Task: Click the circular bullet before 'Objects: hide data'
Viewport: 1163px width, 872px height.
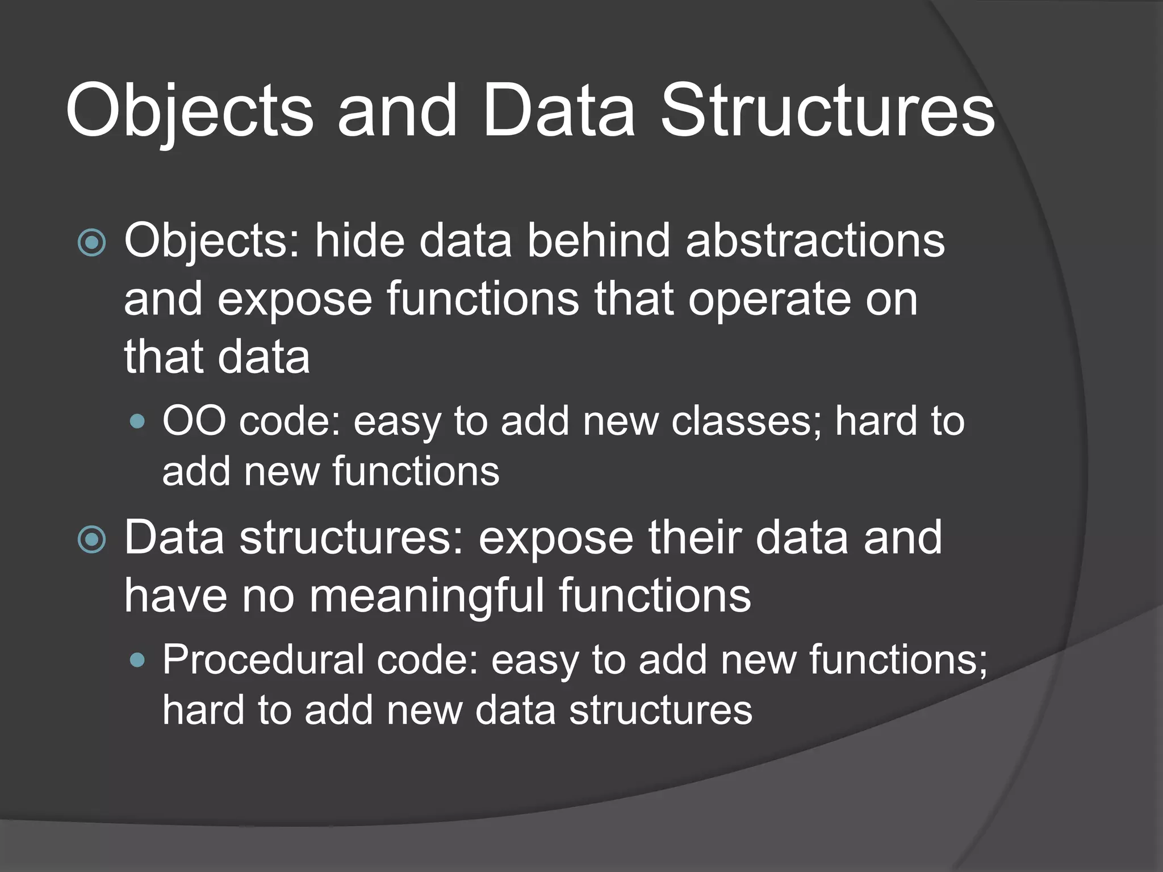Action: (91, 243)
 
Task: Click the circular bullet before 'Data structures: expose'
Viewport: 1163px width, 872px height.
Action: (91, 539)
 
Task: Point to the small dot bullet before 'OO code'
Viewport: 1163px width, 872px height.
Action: (137, 422)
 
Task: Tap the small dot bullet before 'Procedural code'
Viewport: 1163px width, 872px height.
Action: (137, 660)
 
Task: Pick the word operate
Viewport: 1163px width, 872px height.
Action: (769, 299)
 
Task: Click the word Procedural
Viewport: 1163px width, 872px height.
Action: (263, 660)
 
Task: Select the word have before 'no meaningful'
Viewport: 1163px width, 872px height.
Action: (175, 596)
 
